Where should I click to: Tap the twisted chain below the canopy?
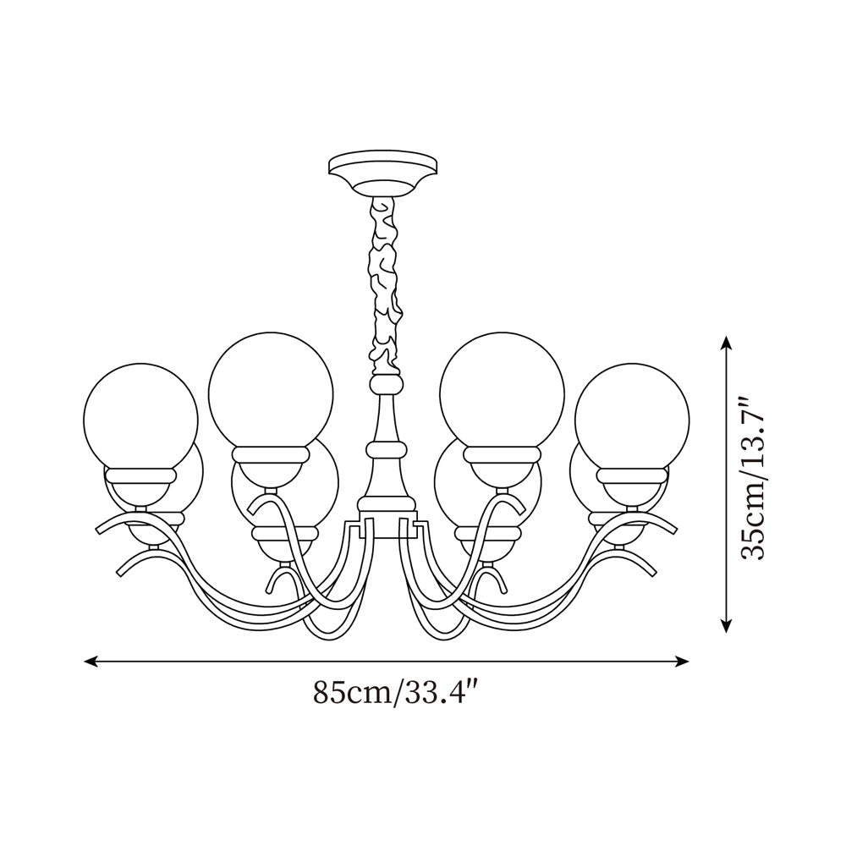pyautogui.click(x=385, y=286)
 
